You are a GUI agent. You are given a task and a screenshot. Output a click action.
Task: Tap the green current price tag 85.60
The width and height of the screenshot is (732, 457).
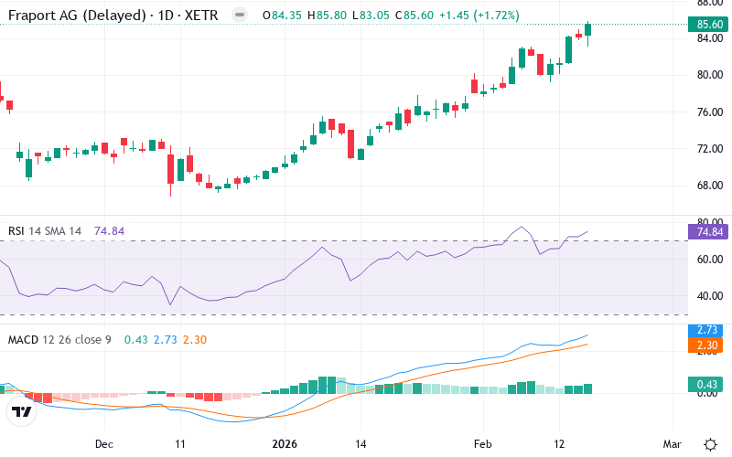click(705, 25)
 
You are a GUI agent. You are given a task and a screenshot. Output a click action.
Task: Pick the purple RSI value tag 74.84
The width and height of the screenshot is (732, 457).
click(705, 232)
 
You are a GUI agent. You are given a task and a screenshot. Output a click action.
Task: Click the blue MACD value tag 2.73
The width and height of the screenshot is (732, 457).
click(705, 328)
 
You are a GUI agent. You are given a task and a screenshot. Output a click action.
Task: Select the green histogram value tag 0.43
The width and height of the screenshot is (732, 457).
click(705, 385)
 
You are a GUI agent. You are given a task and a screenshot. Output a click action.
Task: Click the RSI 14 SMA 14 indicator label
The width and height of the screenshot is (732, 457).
click(46, 231)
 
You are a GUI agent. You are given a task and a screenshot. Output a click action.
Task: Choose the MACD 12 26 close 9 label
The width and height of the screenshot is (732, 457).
click(59, 339)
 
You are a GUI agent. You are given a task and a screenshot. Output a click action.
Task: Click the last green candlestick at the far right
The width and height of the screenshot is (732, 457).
click(588, 33)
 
